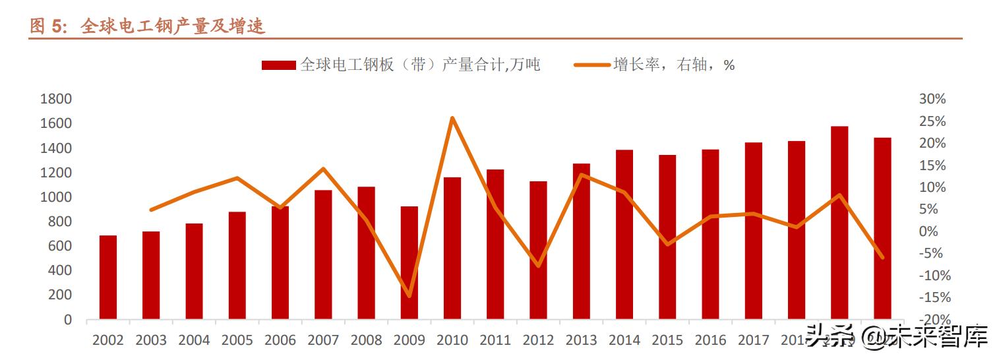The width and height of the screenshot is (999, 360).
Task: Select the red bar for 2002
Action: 108,277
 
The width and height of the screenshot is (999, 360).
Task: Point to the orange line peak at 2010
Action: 452,118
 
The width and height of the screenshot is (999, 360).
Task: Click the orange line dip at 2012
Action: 538,266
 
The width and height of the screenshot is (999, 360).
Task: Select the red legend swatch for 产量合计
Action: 278,65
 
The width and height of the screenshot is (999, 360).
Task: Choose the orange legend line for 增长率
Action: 591,65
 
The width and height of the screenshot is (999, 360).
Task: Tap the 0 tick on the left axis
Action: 67,320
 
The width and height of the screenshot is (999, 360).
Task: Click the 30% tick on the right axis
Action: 932,100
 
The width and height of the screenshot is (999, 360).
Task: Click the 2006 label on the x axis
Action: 280,340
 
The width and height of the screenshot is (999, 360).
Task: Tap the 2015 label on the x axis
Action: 667,340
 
